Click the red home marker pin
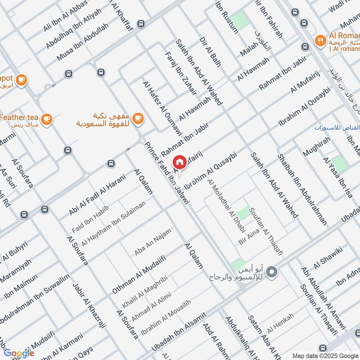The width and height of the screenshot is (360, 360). click(x=179, y=162)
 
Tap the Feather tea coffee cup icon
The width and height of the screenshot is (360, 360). click(x=46, y=119)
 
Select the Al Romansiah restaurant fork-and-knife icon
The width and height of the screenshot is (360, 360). click(x=320, y=40)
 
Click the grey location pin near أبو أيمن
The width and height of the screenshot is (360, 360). click(x=271, y=271)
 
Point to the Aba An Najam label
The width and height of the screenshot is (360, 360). click(x=153, y=242)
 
